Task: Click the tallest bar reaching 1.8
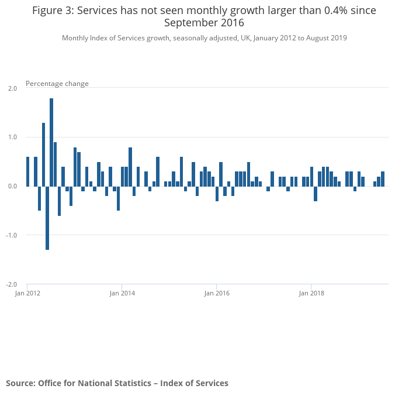(x=51, y=142)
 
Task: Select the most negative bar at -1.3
(x=47, y=218)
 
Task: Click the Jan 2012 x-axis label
(x=27, y=293)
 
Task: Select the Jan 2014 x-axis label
(x=122, y=293)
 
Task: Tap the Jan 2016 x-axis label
(x=217, y=293)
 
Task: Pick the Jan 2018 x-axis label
(x=311, y=293)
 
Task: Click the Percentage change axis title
(x=57, y=84)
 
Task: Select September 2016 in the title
(x=204, y=23)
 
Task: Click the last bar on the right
(x=383, y=179)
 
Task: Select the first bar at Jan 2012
(x=27, y=171)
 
